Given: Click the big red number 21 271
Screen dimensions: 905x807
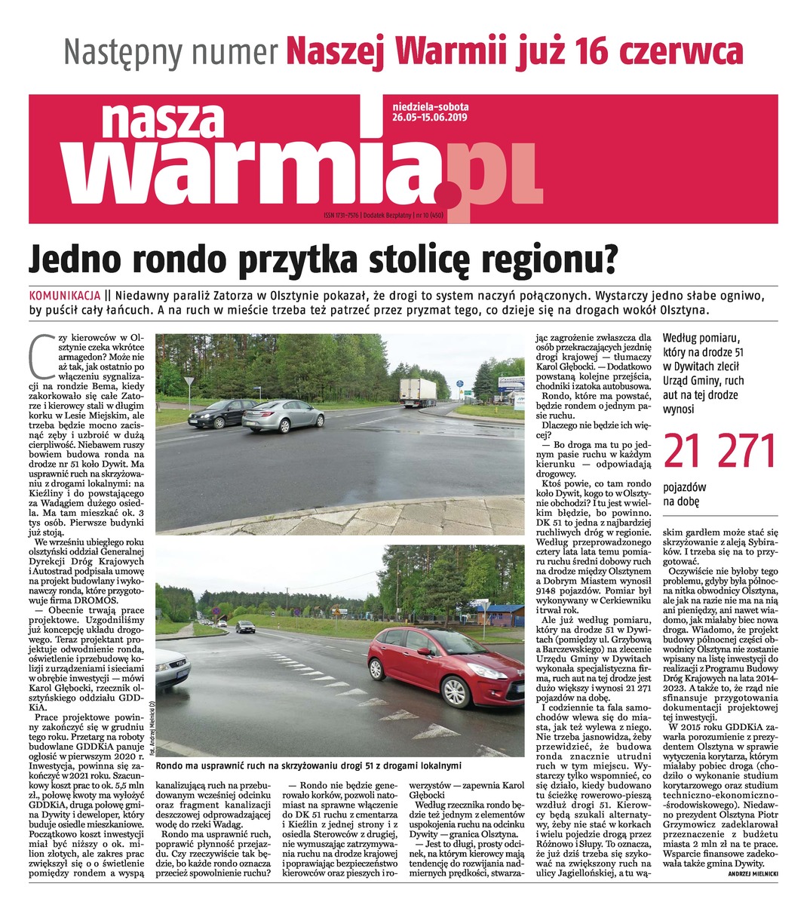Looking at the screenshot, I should [720, 451].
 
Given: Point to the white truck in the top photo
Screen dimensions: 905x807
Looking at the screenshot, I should [418, 391].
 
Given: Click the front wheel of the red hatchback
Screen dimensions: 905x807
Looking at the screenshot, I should [456, 692].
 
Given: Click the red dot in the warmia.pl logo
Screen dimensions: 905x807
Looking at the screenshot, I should [450, 195].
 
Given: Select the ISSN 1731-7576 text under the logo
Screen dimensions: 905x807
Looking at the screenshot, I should [341, 215].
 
